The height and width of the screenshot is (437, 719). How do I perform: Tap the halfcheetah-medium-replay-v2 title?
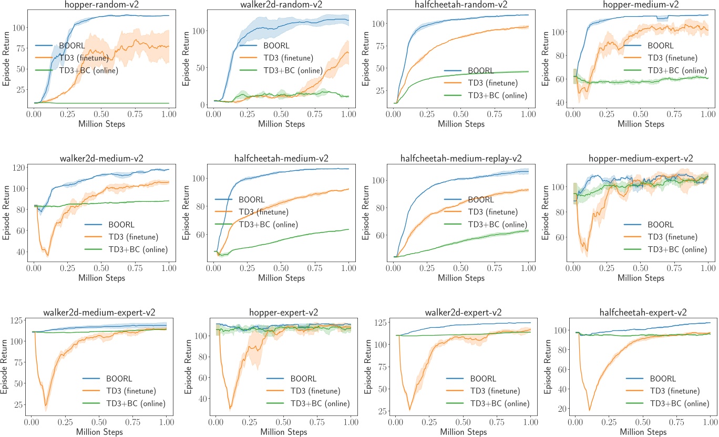(461, 158)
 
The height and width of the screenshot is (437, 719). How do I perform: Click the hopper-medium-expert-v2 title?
(641, 158)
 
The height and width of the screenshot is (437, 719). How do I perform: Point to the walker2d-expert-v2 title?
(461, 313)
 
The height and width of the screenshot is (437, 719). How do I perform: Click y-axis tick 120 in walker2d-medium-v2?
(20, 168)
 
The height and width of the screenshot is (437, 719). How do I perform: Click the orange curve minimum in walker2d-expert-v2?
(410, 410)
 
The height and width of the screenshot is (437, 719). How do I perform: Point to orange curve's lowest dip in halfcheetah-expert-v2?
(590, 410)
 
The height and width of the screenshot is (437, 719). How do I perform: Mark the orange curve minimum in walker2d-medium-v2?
(48, 255)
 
